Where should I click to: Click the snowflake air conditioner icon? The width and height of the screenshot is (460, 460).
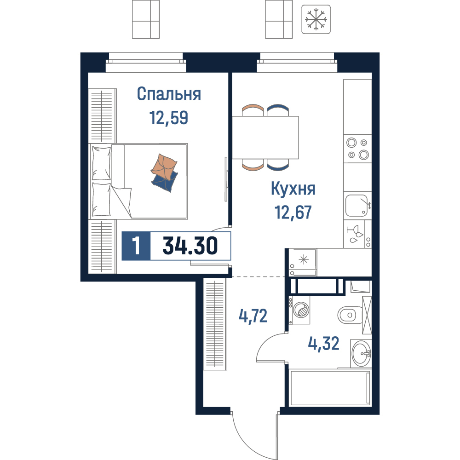click(316, 19)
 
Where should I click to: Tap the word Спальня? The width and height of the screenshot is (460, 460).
click(169, 94)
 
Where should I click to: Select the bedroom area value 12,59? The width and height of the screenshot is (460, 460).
click(169, 118)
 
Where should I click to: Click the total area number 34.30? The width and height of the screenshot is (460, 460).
click(190, 246)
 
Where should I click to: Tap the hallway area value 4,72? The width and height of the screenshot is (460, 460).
click(253, 316)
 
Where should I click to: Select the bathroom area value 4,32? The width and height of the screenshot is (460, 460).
click(323, 343)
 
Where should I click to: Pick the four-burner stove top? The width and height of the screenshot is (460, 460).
click(357, 149)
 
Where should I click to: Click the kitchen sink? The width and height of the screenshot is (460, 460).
click(356, 205)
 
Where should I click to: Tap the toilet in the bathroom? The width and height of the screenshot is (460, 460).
click(350, 316)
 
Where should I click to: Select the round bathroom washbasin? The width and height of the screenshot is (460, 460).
click(361, 353)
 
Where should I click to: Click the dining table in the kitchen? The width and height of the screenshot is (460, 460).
click(265, 138)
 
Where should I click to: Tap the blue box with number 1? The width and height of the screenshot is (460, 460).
click(136, 246)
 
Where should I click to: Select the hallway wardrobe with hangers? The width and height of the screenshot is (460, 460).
click(215, 324)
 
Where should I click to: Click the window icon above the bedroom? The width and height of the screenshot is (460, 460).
click(145, 19)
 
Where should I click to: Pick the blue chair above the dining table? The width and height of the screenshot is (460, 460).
click(278, 110)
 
